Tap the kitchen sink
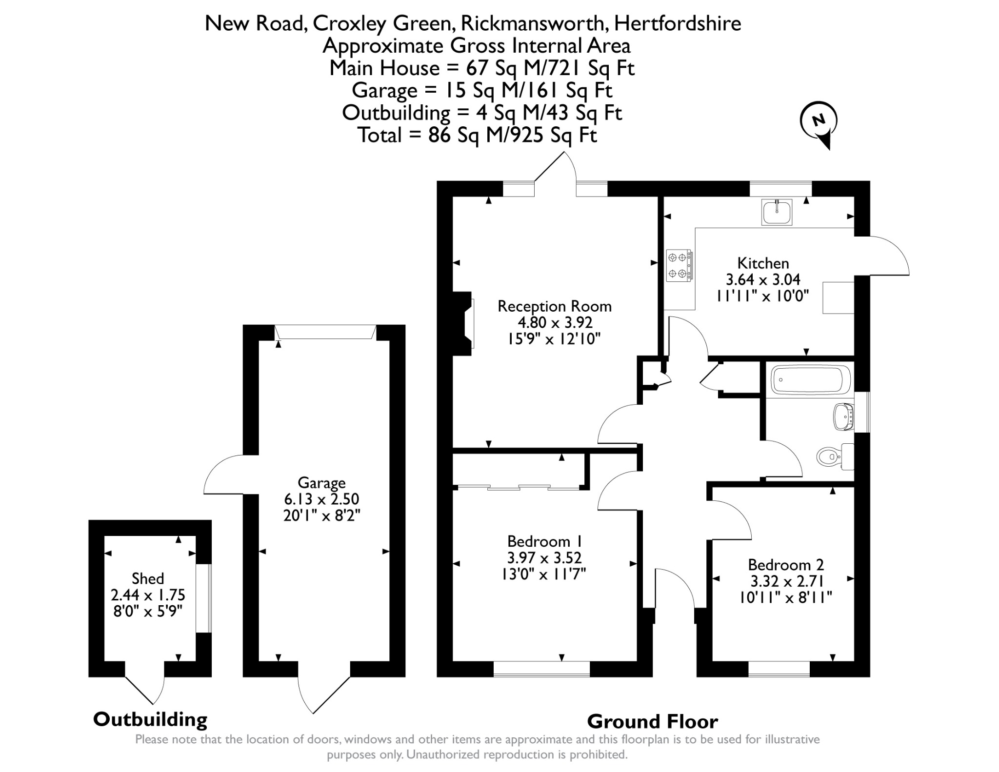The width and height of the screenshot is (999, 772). (x=777, y=212)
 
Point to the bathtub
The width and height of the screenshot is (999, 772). (x=811, y=379)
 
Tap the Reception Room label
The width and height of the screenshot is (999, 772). (x=555, y=306)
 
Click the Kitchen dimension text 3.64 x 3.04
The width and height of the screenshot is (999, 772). (x=763, y=279)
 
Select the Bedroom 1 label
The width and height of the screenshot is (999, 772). (x=545, y=541)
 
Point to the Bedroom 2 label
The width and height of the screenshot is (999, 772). (x=786, y=565)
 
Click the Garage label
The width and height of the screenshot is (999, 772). (x=321, y=483)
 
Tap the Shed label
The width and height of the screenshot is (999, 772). (x=148, y=578)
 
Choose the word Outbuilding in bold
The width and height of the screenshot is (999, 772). (x=150, y=719)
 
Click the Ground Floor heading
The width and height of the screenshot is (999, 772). (x=653, y=721)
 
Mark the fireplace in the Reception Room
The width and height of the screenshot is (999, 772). (x=463, y=324)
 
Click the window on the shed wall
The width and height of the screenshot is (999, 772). (x=204, y=598)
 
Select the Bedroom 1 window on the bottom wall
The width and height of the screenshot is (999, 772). (x=541, y=669)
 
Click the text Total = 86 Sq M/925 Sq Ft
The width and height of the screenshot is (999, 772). (x=478, y=135)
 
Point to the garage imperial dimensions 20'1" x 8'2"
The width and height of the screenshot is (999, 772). (x=321, y=515)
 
